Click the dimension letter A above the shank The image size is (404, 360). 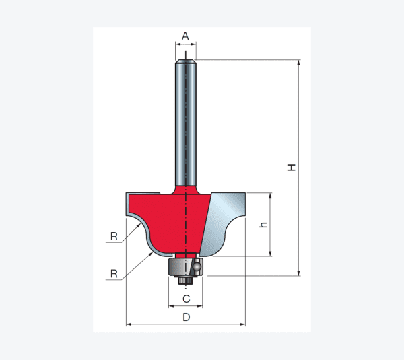185,36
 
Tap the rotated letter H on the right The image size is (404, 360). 292,168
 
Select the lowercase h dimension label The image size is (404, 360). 263,225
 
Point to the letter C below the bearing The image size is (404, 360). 187,299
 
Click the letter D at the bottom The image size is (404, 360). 187,317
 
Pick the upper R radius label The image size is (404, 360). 114,236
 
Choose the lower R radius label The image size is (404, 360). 114,274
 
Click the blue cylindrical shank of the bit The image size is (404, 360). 186,123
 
